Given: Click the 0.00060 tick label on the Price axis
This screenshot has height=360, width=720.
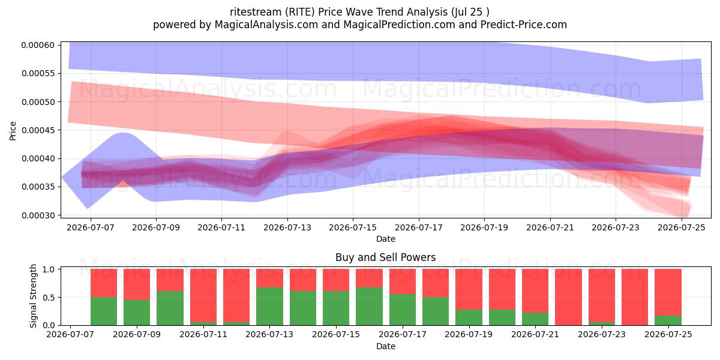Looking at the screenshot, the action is (x=38, y=45).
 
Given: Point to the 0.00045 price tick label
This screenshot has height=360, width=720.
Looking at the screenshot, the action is (x=38, y=130).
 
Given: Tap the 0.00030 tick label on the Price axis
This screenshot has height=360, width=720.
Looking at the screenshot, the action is (x=38, y=215).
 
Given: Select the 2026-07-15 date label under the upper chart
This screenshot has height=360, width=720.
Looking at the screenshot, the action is (x=353, y=227).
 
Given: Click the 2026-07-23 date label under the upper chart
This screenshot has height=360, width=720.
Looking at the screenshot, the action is (x=616, y=227).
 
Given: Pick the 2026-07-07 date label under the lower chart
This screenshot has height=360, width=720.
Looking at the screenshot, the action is (x=70, y=334).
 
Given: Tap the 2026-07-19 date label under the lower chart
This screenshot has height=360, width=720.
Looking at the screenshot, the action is (x=469, y=334).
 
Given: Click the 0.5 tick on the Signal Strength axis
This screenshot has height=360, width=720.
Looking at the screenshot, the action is (x=49, y=298).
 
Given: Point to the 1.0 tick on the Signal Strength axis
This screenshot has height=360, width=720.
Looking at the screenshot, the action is (x=49, y=269).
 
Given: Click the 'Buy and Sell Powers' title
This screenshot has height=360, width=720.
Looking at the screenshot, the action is (x=386, y=257).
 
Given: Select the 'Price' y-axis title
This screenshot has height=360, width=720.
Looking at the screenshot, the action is (x=13, y=131).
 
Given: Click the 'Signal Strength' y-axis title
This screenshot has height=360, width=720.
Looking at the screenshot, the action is (x=33, y=296).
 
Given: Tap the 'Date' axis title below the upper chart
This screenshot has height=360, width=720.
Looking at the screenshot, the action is (x=386, y=239).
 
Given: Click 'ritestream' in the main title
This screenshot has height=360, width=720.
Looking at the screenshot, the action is (x=256, y=12).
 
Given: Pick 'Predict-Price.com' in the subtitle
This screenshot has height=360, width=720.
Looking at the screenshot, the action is (x=524, y=25).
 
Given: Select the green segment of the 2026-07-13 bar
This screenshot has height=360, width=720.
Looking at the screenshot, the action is (x=269, y=307).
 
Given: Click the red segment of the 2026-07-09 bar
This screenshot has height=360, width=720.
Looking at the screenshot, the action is (x=137, y=284).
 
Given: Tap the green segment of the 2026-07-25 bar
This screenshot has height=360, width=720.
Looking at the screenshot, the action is (x=668, y=320).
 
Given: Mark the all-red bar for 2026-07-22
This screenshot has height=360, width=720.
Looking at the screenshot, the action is (x=569, y=298).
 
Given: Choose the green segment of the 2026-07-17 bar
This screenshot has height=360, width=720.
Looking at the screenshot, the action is (x=403, y=310).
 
